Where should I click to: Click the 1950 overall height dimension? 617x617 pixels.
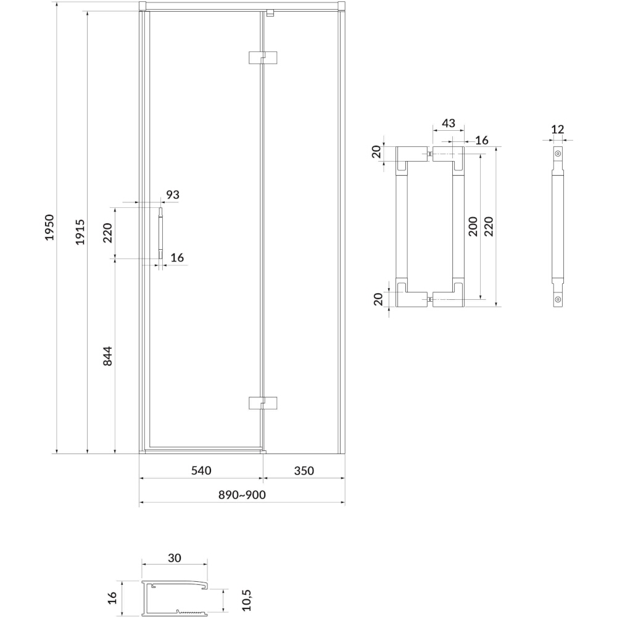coord(49,228)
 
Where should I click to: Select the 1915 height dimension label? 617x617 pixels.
coord(80,232)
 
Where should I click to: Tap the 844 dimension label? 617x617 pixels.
coord(107,356)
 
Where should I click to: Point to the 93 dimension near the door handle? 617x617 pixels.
coord(173,194)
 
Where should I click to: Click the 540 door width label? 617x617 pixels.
coord(201,470)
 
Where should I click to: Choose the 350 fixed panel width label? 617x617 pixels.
coord(304,471)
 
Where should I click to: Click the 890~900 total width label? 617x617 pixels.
coord(242,495)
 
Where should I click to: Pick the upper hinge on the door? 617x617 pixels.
coord(263,57)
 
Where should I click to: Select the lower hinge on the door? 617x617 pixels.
coord(263,403)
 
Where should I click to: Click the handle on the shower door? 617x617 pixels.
coord(160,233)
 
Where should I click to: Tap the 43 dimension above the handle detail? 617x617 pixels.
coord(449,123)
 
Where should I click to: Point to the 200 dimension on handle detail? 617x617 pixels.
coord(473,226)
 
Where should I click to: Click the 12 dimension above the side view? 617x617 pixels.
coord(558,129)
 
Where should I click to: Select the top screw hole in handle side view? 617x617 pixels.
coord(558,154)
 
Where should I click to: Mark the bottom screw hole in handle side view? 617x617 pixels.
coord(558,299)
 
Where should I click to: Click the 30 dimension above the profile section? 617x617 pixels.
coord(175,558)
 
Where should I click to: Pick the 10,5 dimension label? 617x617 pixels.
coord(246,600)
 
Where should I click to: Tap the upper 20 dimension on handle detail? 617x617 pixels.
coord(376,152)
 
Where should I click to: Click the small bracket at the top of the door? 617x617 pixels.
coord(270,14)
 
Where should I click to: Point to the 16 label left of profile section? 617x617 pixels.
coord(112,598)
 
